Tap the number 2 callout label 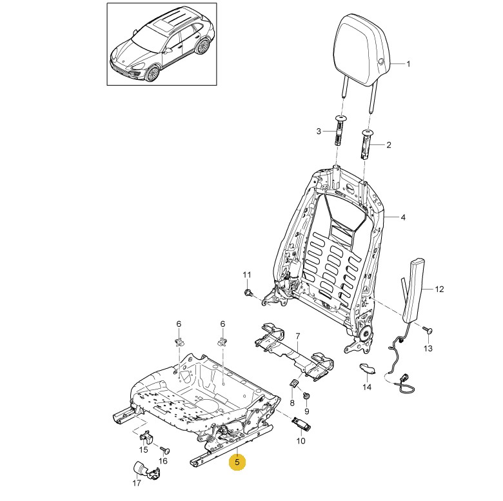click(389, 146)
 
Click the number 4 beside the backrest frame click(403, 218)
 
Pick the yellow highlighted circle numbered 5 click(237, 462)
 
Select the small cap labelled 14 click(368, 368)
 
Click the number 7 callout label click(298, 336)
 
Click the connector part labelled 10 click(301, 423)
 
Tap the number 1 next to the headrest click(408, 64)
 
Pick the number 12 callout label click(439, 290)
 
